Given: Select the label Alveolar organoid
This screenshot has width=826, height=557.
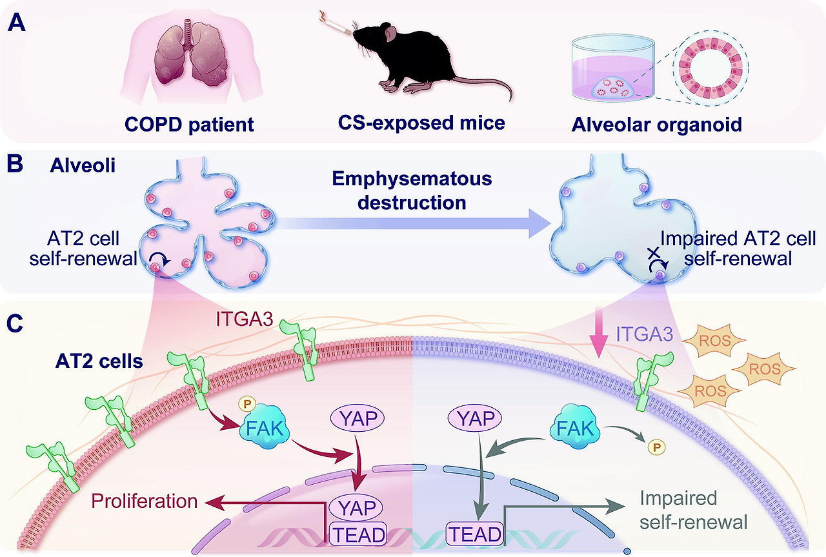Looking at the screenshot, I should click(x=656, y=123).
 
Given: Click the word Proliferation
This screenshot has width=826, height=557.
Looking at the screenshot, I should click(x=144, y=501).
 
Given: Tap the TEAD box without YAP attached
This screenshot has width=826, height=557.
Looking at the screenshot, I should click(x=474, y=534).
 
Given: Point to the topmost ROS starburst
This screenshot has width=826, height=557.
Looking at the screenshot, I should click(x=716, y=339).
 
